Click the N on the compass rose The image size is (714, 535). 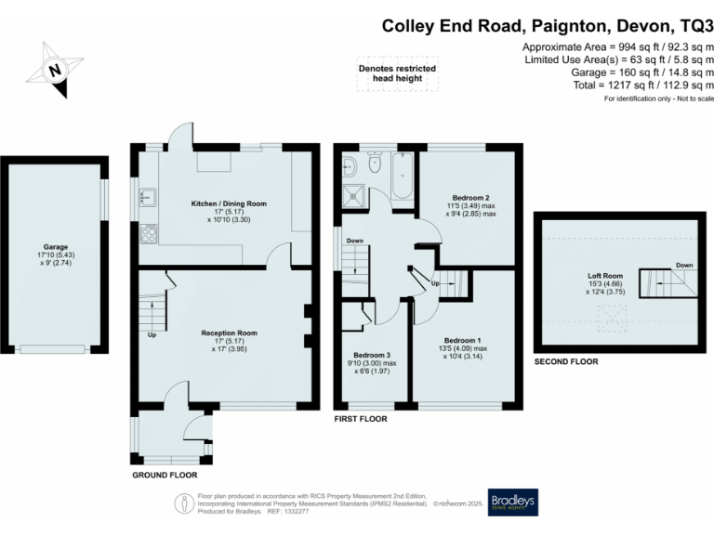[x=55, y=70]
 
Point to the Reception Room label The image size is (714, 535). [x=229, y=333]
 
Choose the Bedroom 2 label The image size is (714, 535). [x=471, y=198]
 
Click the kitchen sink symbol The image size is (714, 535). [x=147, y=197]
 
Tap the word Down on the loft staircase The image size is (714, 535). [x=684, y=265]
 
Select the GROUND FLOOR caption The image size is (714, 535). [x=164, y=475]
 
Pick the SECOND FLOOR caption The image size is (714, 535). [x=564, y=362]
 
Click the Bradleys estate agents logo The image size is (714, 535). [x=513, y=502]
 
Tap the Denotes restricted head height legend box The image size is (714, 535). [x=397, y=73]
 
